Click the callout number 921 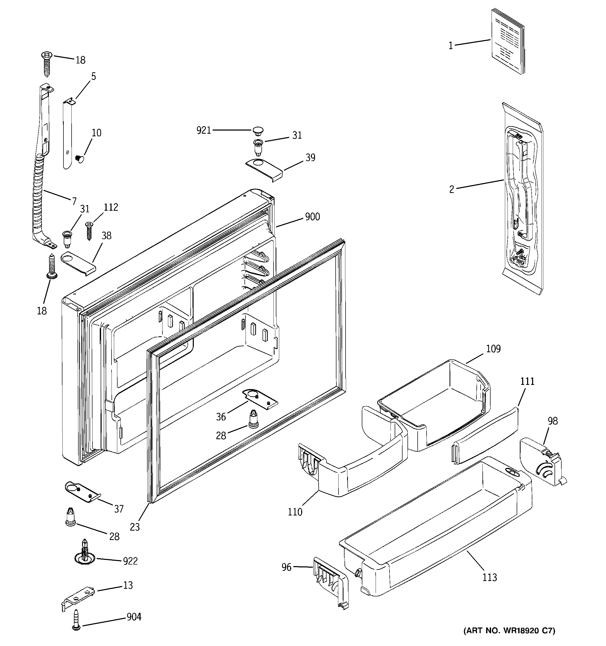coord(203,130)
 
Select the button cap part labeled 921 coord(258,131)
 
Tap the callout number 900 coord(312,217)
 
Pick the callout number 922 coord(130,561)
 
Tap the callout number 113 coord(490,577)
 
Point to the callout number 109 coord(493,349)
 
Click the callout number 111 coord(527,381)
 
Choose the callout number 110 coord(295,512)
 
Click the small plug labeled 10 coord(79,158)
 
